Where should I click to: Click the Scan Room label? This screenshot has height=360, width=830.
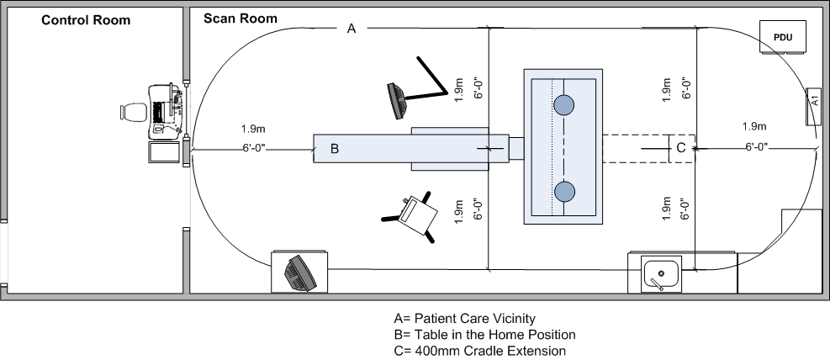241,18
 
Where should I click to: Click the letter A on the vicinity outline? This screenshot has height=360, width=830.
352,29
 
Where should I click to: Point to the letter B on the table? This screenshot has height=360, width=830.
334,149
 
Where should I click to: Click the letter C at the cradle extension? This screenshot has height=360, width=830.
681,147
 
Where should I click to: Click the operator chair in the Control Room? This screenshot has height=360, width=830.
133,111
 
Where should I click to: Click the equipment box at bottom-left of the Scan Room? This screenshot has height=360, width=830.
299,271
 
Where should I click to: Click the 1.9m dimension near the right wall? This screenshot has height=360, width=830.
754,127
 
